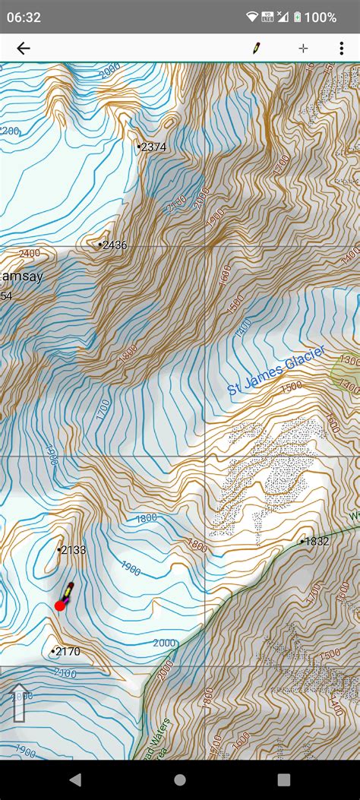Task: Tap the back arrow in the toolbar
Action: [24, 49]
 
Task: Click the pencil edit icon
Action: [257, 48]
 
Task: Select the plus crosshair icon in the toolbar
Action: [303, 48]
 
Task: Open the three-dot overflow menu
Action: [341, 48]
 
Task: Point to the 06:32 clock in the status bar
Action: [24, 17]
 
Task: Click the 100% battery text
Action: [322, 17]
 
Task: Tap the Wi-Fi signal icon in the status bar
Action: [252, 17]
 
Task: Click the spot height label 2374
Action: [153, 147]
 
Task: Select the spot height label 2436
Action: [114, 245]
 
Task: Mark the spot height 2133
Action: [73, 549]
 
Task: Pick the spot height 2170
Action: [67, 651]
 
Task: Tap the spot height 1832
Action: [316, 541]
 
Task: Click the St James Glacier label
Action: [276, 371]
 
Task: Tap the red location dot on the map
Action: [60, 606]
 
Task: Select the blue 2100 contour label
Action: [66, 673]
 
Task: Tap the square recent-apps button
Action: [284, 779]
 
